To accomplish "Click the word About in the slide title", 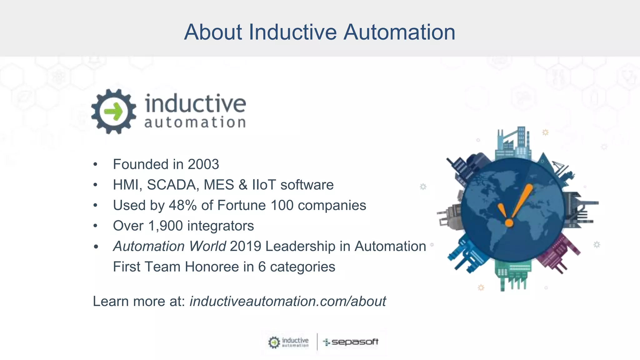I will pos(213,32).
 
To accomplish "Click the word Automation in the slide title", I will pos(399,32).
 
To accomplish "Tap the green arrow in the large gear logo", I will pos(113,112).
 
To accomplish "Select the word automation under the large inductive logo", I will pos(195,122).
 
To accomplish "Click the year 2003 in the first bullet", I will pos(203,164).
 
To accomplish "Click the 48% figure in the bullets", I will pos(182,205).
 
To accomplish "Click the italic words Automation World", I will pos(169,246).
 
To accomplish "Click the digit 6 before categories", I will pos(262,267).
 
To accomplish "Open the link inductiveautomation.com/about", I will pos(287,301).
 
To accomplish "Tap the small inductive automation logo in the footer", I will pos(288,342).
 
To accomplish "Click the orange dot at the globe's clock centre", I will pos(509,223).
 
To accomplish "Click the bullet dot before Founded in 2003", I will pos(96,164).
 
